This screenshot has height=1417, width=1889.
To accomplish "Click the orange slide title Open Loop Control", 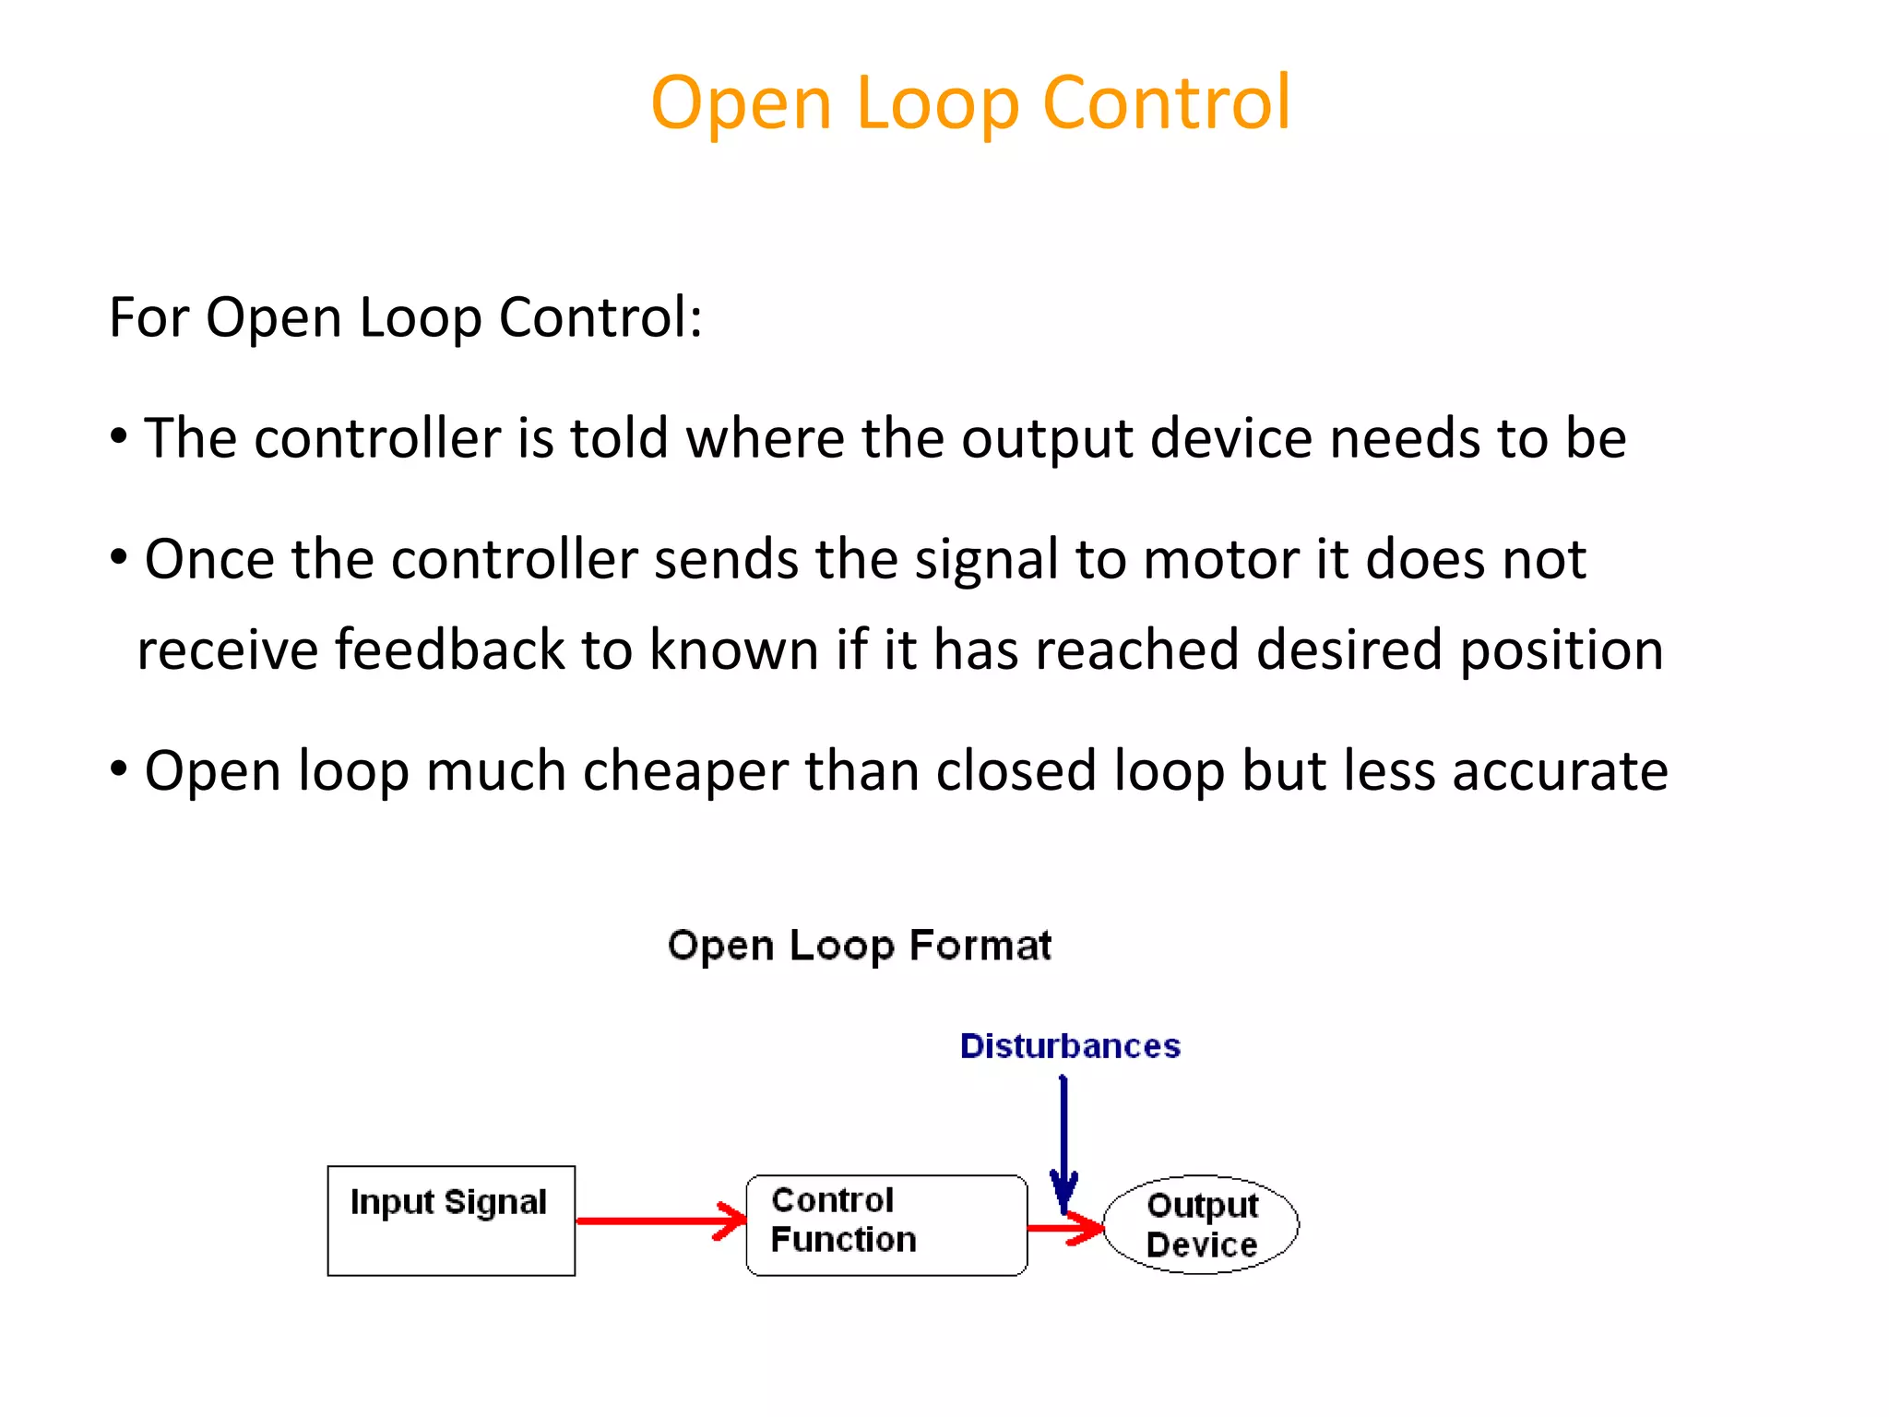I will coord(970,103).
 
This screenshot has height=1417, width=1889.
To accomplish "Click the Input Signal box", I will coord(451,1221).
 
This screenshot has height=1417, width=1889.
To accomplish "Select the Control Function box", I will coord(885,1225).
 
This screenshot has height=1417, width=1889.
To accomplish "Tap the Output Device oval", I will coord(1201,1225).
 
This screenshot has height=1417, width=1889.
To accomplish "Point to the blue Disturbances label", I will coord(1070,1046).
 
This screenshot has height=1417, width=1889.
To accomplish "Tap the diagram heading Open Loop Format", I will coord(859,946).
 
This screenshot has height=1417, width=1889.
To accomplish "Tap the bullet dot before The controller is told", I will coord(118,436).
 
